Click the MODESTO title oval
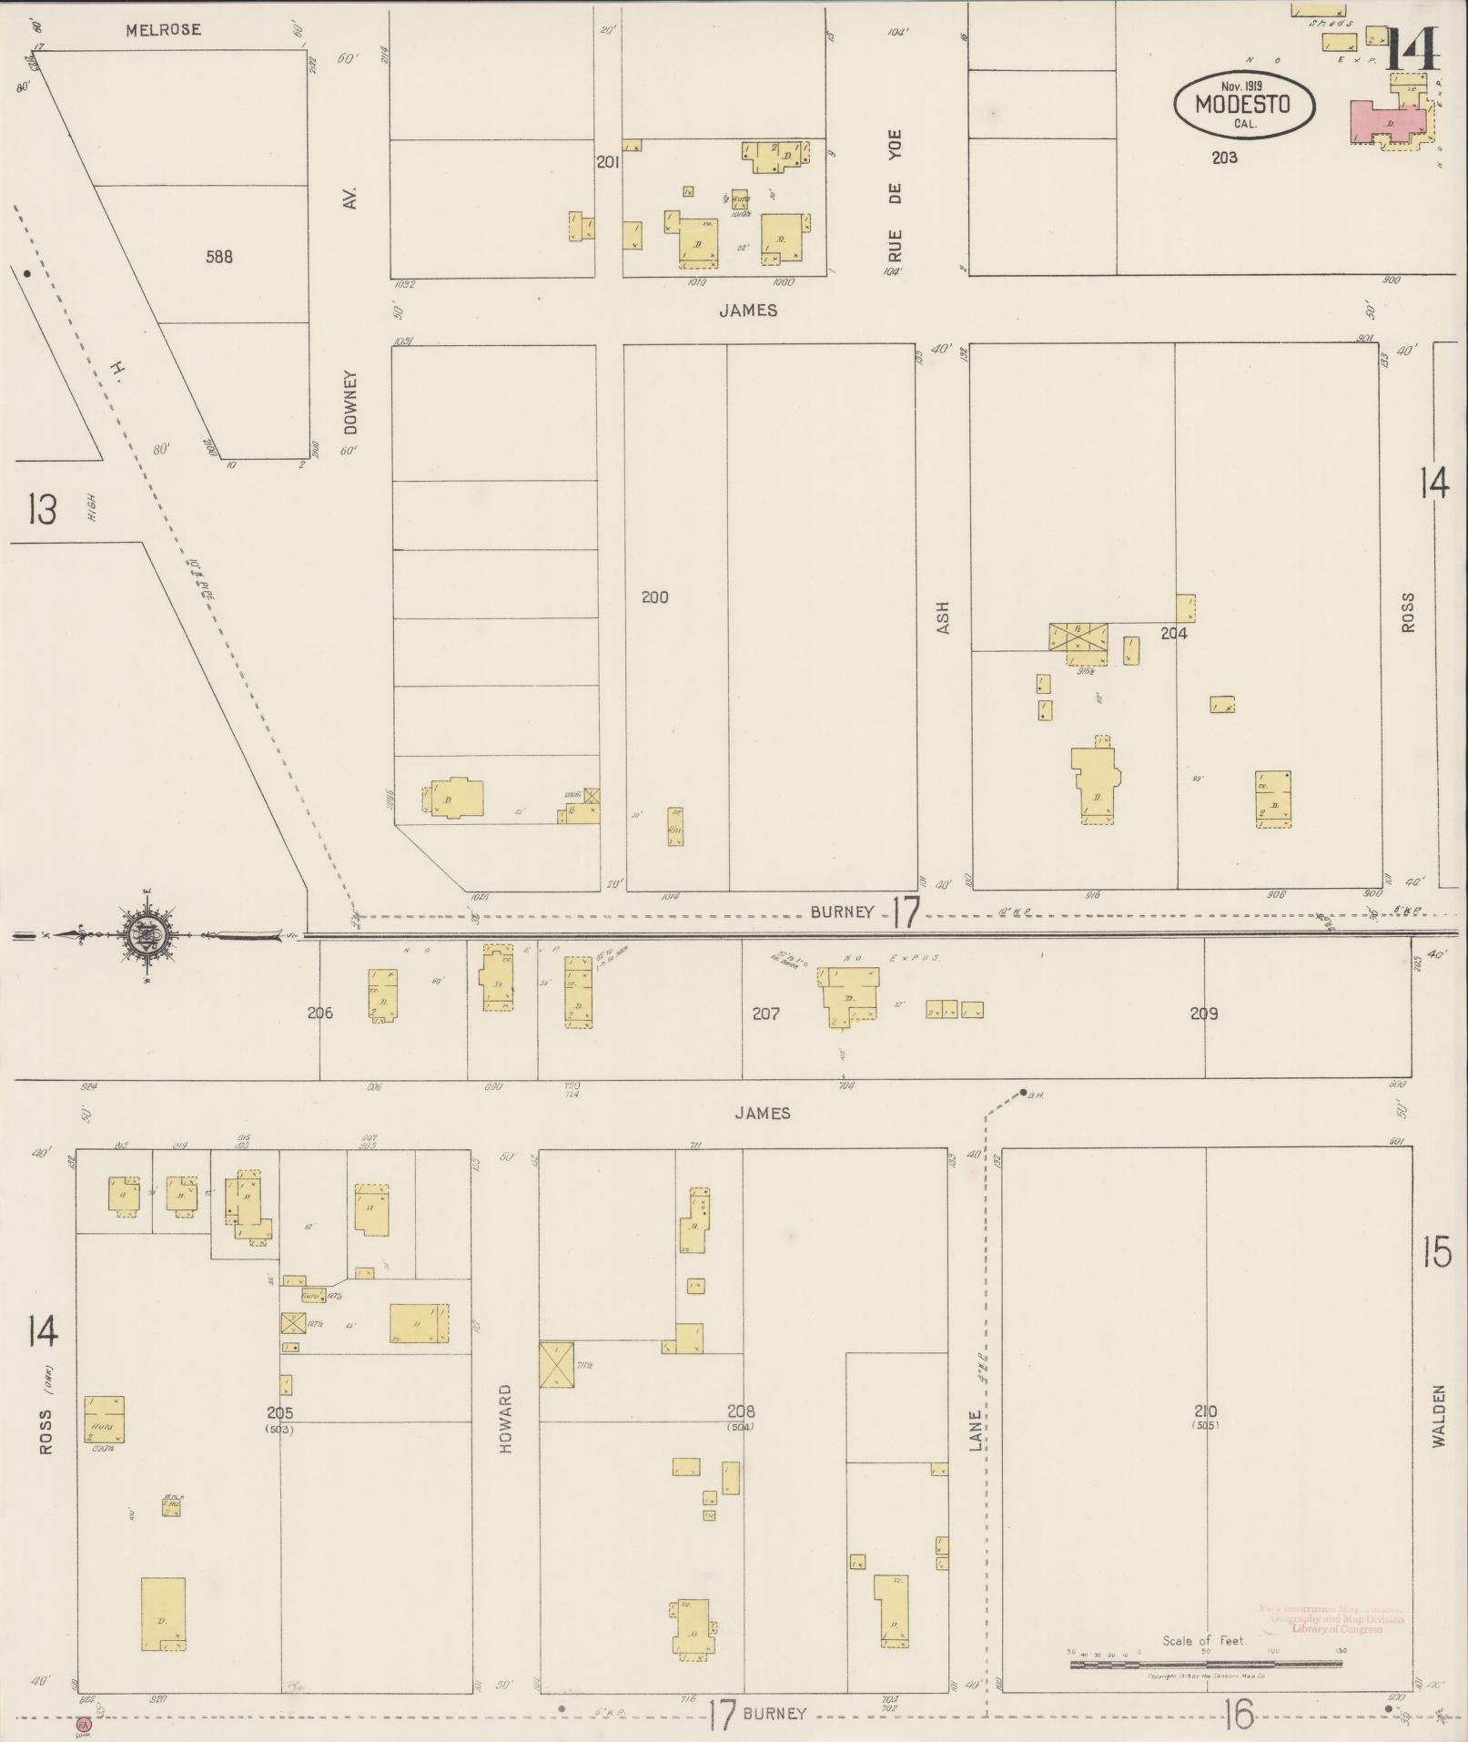coord(1243,104)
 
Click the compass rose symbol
coord(146,934)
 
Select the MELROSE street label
coord(164,30)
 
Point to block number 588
coord(219,257)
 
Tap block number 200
coord(654,597)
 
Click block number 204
coord(1173,633)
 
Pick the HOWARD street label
coord(506,1419)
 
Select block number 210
coord(1206,1411)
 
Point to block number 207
coord(765,1014)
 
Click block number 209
coord(1203,1014)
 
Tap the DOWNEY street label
coord(352,402)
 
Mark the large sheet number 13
coord(42,509)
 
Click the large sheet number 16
coord(1239,1715)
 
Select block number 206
coord(319,1013)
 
